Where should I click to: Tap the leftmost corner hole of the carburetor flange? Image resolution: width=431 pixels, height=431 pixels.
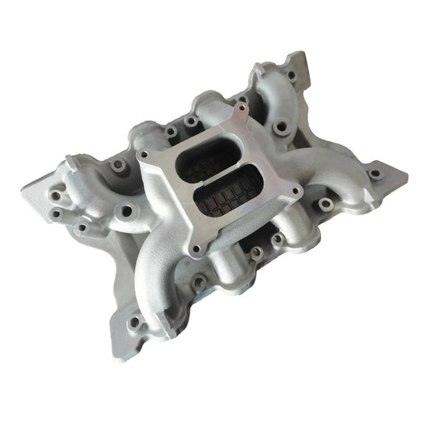145,154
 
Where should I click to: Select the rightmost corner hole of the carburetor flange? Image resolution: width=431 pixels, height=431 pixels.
298,192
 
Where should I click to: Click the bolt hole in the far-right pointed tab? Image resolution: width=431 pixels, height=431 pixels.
374,173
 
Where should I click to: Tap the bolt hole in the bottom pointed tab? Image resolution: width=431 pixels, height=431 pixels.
134,323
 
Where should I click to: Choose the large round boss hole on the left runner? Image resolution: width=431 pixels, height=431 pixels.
126,212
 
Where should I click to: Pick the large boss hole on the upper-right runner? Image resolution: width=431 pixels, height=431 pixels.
281,128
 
